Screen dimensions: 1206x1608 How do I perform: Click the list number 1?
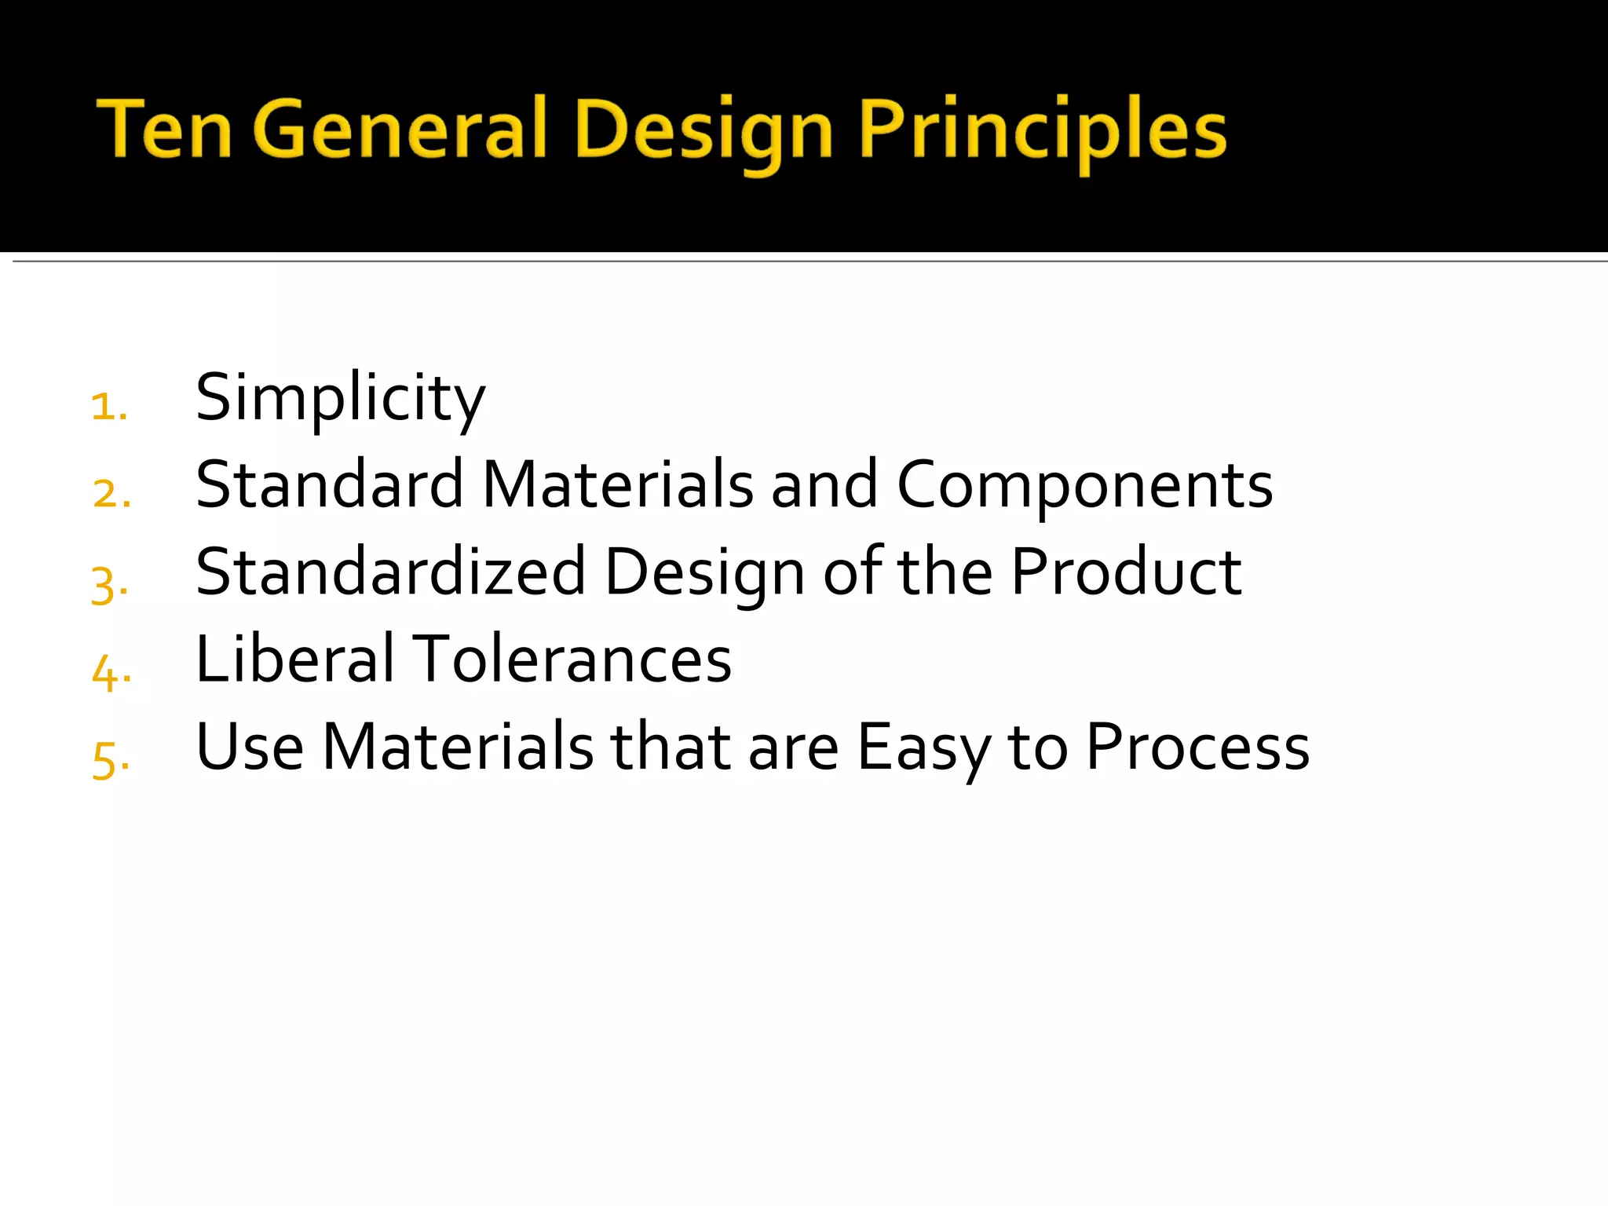click(x=109, y=407)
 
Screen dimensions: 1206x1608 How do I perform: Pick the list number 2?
click(x=111, y=494)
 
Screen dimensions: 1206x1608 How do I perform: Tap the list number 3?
click(x=109, y=585)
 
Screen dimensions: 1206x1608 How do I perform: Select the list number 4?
click(x=111, y=673)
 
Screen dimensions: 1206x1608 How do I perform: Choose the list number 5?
click(x=110, y=760)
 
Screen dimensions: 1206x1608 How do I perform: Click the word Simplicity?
click(x=340, y=399)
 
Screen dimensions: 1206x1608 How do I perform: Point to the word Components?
click(x=1084, y=484)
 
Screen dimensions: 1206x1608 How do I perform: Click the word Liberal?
click(x=294, y=659)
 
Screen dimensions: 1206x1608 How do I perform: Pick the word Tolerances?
click(x=572, y=659)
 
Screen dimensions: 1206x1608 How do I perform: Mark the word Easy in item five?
click(x=923, y=747)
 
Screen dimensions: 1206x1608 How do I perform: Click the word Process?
click(x=1197, y=747)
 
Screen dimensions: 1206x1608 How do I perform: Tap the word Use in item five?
click(x=250, y=747)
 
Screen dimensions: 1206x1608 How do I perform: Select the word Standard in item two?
click(x=330, y=484)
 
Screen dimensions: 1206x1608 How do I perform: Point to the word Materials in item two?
click(x=618, y=484)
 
